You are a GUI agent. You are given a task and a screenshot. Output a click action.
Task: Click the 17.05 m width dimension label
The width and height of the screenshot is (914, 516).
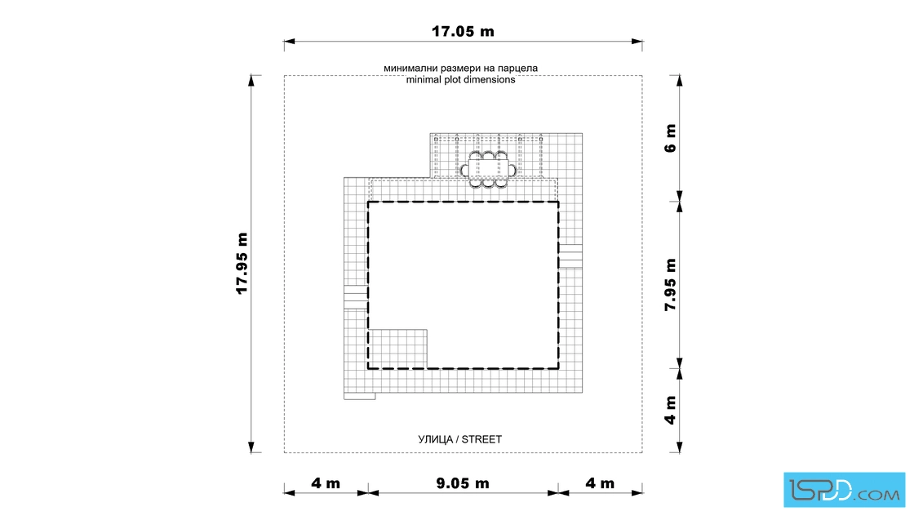click(463, 32)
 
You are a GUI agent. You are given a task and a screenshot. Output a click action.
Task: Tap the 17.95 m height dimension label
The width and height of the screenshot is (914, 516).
click(242, 264)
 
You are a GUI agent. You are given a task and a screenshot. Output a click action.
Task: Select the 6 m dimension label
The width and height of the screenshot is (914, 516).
click(670, 138)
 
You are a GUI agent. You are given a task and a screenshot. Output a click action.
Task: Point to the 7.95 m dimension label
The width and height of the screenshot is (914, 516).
click(670, 284)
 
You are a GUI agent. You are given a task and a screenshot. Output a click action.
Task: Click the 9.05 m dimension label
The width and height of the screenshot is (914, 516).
click(463, 483)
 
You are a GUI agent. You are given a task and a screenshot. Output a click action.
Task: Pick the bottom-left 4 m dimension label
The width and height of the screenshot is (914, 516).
click(326, 483)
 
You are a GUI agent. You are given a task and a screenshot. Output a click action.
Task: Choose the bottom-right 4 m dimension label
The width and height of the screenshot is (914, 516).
click(600, 483)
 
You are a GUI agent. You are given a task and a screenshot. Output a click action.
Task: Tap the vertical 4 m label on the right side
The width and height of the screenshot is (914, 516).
click(670, 411)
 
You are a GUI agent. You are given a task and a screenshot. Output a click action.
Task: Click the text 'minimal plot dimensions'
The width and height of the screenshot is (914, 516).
click(460, 80)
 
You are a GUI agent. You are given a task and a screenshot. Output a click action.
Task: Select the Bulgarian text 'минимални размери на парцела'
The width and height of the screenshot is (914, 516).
click(460, 69)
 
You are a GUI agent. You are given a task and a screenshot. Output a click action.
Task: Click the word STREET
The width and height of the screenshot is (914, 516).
click(481, 439)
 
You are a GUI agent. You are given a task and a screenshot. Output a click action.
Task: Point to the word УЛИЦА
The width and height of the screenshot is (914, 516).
click(436, 439)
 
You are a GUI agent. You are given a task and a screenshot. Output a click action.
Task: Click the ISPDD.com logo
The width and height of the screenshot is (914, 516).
click(844, 490)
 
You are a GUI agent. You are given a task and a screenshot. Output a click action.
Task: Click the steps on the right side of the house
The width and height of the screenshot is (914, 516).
click(570, 256)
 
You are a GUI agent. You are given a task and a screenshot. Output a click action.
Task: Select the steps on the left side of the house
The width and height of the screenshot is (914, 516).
click(356, 296)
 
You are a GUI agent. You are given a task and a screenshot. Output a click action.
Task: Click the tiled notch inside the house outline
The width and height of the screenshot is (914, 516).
click(398, 349)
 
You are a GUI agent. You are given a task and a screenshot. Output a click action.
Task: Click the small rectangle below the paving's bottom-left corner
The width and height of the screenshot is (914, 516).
click(360, 396)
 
